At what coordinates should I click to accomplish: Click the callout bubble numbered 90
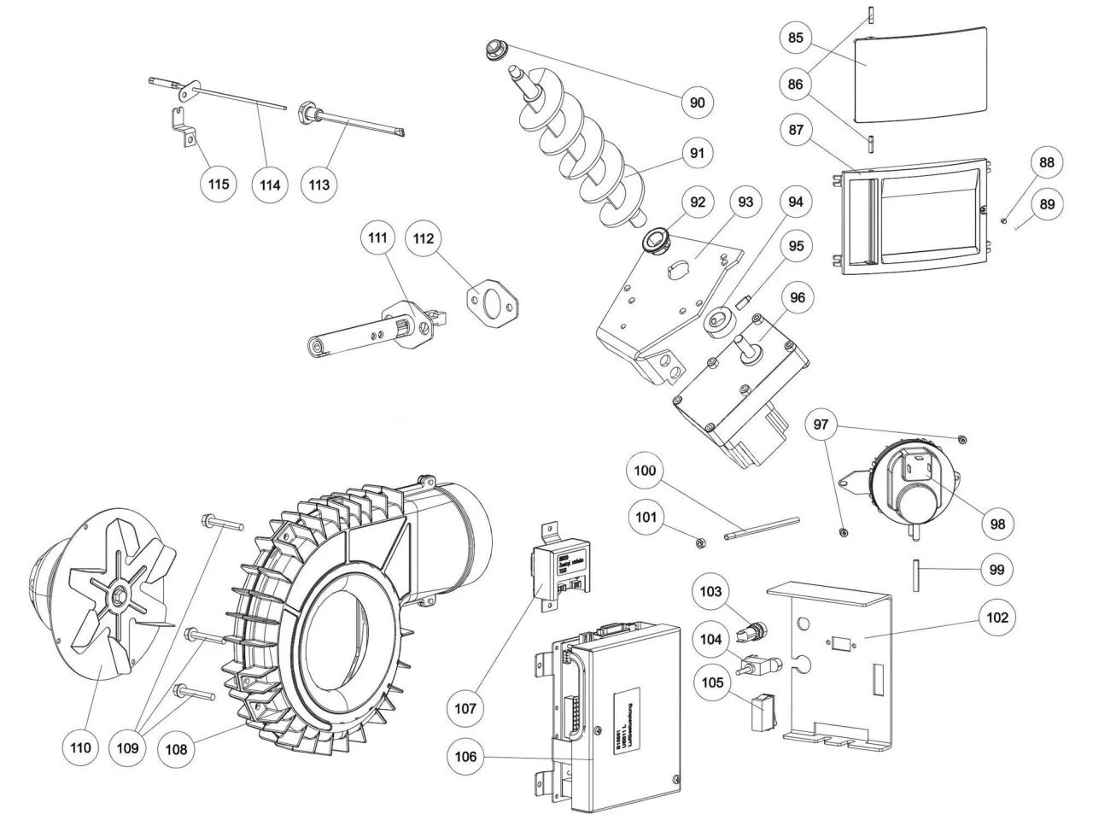(x=698, y=102)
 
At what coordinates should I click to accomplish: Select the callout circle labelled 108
(x=178, y=749)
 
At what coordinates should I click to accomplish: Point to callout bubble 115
(x=220, y=183)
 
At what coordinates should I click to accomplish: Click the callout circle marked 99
(x=996, y=569)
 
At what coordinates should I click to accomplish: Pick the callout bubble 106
(x=466, y=756)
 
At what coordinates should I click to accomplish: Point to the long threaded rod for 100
(x=761, y=527)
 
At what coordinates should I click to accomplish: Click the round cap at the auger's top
(x=494, y=47)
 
